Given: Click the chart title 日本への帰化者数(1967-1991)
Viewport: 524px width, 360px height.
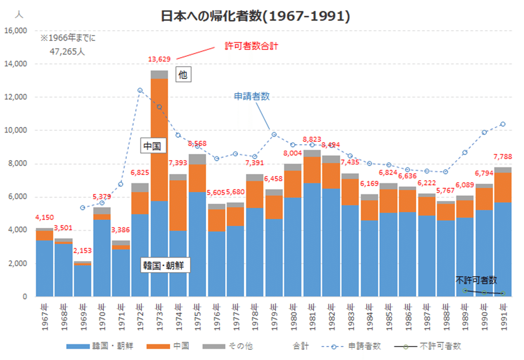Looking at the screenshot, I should click(x=255, y=16).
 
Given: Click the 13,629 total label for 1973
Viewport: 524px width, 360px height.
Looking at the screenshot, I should click(x=159, y=60).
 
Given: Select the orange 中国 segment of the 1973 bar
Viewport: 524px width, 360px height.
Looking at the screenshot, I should click(x=159, y=139).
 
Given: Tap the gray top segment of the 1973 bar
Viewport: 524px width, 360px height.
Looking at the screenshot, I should click(x=159, y=74).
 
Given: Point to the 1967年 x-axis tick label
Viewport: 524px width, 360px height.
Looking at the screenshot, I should click(x=45, y=315).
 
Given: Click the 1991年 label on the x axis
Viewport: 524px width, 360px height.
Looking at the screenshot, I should click(x=503, y=315).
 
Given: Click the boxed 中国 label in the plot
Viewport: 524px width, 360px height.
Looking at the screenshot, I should click(x=153, y=146).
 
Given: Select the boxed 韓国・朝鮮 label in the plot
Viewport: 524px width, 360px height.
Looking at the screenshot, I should click(x=166, y=265).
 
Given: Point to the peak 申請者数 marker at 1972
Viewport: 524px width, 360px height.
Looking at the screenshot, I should click(x=140, y=90).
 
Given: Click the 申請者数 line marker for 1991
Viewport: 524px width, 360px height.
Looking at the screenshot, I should click(x=503, y=124).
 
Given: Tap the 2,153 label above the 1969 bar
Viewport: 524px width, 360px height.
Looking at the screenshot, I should click(x=83, y=250).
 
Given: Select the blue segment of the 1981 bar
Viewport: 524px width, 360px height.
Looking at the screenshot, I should click(x=312, y=240).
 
